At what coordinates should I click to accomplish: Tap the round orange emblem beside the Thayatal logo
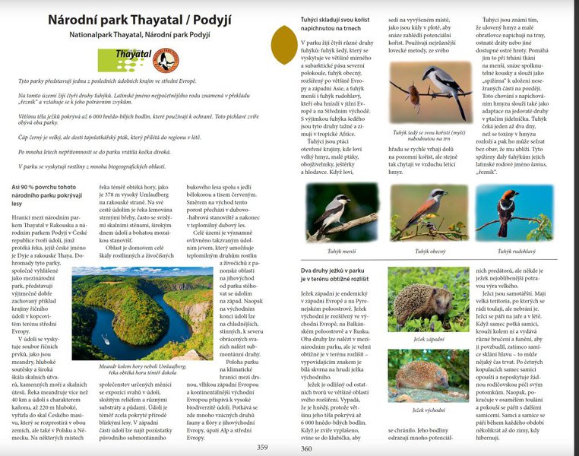[x=165, y=59]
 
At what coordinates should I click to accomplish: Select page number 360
[x=307, y=447]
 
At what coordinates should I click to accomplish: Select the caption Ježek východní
[x=429, y=410]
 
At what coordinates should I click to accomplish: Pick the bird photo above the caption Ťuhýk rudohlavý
[x=514, y=212]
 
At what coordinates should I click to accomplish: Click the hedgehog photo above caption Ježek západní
[x=429, y=300]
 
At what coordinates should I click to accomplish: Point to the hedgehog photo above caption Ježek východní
[x=429, y=375]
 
